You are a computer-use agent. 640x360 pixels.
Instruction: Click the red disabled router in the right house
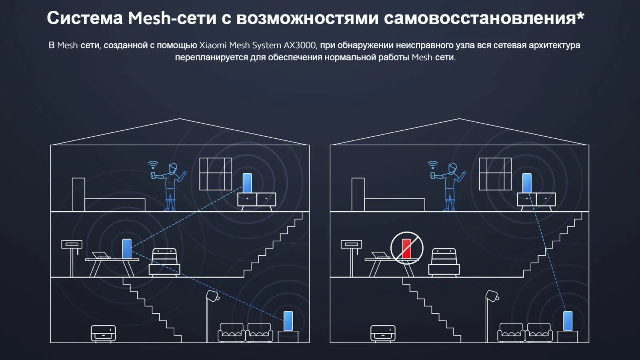click(406, 248)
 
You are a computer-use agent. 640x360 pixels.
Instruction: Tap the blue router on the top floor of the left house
click(247, 183)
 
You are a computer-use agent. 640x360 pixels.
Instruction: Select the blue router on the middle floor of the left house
click(127, 248)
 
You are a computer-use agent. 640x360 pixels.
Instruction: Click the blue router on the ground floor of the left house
click(288, 321)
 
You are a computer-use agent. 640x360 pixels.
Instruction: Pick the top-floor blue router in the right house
click(527, 183)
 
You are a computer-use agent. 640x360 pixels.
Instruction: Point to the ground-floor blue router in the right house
click(568, 321)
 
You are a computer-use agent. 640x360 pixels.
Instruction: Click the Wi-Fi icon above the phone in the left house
click(153, 164)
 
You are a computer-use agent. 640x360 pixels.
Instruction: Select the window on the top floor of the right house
click(495, 174)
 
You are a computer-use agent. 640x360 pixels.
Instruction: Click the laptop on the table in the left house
click(100, 255)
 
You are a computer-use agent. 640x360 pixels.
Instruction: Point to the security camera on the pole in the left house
click(212, 296)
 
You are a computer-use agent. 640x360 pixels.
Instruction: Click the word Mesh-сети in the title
click(172, 18)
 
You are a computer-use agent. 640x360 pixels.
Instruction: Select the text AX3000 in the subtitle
click(300, 45)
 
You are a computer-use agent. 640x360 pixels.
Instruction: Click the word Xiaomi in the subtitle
click(213, 45)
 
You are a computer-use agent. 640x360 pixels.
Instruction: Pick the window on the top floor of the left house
click(216, 174)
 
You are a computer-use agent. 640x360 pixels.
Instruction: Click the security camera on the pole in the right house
click(492, 296)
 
